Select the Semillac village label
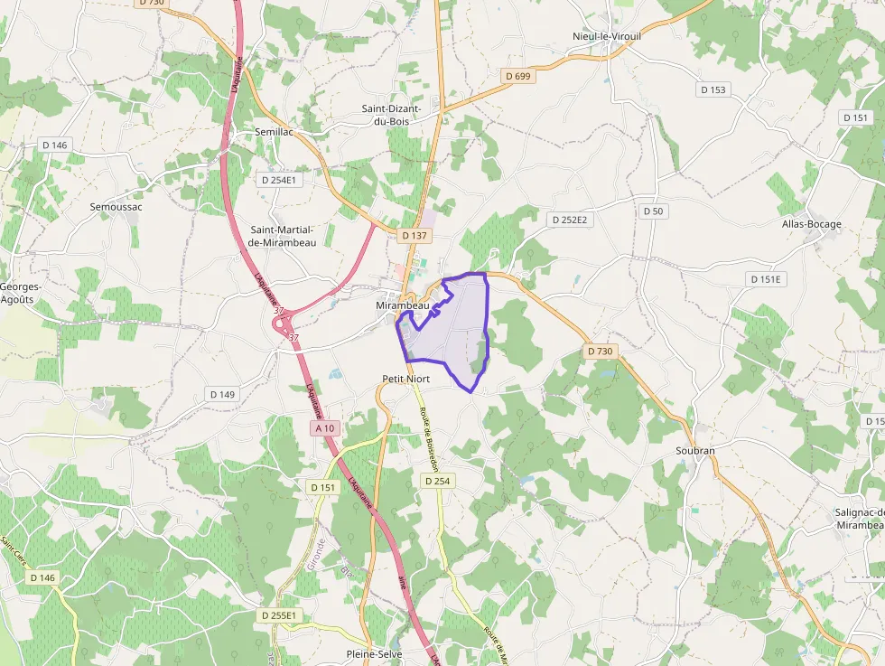click(x=249, y=132)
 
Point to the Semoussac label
click(x=116, y=206)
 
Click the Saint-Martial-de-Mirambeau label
click(x=283, y=236)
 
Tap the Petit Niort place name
click(x=405, y=379)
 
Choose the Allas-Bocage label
click(x=811, y=224)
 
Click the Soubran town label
click(x=694, y=450)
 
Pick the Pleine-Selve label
click(x=374, y=653)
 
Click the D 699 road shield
click(x=517, y=76)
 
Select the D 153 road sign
click(x=713, y=89)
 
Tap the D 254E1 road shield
click(x=278, y=180)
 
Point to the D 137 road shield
click(x=414, y=235)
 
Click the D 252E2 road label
click(x=569, y=220)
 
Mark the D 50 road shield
click(x=653, y=211)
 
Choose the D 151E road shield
click(x=764, y=279)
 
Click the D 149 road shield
click(x=222, y=394)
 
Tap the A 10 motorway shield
click(x=325, y=427)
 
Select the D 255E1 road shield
click(x=277, y=615)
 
